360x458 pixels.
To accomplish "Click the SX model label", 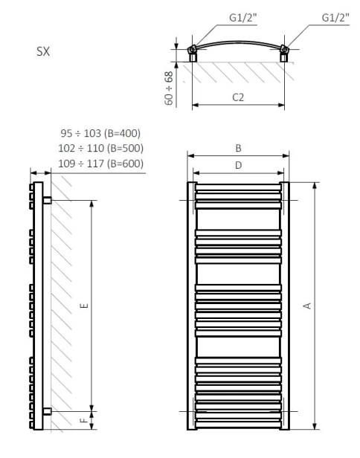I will [x=43, y=54].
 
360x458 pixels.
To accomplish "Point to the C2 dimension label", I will [x=237, y=97].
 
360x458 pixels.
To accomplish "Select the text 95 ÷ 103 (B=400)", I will [x=100, y=134].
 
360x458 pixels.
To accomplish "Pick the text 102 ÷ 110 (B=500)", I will [x=100, y=149].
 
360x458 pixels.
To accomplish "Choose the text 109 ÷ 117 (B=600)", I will [x=100, y=164].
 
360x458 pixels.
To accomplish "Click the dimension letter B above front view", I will [x=237, y=148].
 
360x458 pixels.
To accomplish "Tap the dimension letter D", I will [x=237, y=166].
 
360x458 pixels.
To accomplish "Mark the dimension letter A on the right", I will [x=307, y=305].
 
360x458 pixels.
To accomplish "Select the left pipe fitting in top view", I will [x=193, y=52].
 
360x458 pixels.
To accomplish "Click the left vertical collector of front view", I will [x=191, y=305].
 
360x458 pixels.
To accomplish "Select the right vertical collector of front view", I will [x=284, y=305].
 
